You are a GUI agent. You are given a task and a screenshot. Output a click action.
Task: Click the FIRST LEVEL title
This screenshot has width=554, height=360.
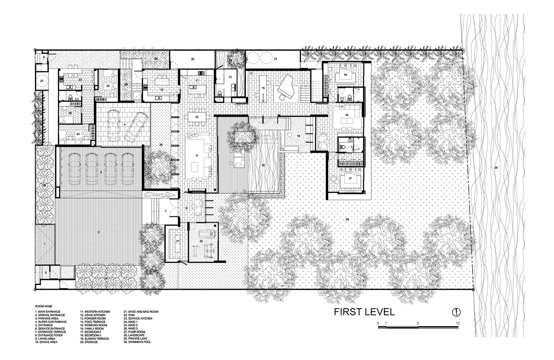364,312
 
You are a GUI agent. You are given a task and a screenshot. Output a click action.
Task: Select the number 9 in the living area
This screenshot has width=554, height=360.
197,156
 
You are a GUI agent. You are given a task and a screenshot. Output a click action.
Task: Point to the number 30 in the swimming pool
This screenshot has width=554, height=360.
263,165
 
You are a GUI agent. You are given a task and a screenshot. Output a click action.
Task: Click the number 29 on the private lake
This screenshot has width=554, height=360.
496,168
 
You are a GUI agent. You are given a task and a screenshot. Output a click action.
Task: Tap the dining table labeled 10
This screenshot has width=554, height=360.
197,117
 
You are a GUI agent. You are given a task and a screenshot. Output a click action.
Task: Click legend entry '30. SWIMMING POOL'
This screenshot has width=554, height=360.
137,342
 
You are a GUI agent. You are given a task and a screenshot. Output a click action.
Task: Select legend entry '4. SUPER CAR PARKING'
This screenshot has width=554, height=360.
51,322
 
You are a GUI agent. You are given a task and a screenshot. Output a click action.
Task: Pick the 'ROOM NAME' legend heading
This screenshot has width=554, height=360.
44,306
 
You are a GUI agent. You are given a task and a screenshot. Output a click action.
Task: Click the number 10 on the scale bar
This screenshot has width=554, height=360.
458,323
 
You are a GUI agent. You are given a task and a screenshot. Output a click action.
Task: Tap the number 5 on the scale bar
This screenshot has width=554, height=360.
418,323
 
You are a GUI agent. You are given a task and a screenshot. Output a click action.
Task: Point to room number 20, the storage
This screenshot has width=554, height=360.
193,59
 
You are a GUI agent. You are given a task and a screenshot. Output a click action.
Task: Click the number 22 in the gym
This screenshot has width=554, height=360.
201,241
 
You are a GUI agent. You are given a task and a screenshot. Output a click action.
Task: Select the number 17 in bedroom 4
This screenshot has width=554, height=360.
350,178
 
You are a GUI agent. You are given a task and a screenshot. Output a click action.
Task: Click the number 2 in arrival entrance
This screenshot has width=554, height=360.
99,232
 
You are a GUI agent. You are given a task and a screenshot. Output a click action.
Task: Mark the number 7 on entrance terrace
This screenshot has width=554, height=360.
166,211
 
